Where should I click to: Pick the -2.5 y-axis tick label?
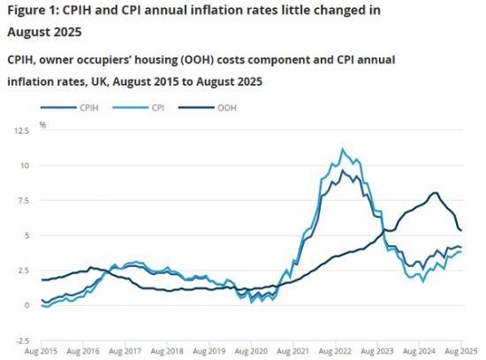[x=22, y=341]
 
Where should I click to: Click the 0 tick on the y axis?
[x=27, y=305]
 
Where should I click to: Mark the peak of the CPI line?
[x=343, y=149]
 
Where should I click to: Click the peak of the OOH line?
[x=435, y=192]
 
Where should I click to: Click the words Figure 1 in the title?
[x=33, y=11]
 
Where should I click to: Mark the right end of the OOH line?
[x=461, y=230]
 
